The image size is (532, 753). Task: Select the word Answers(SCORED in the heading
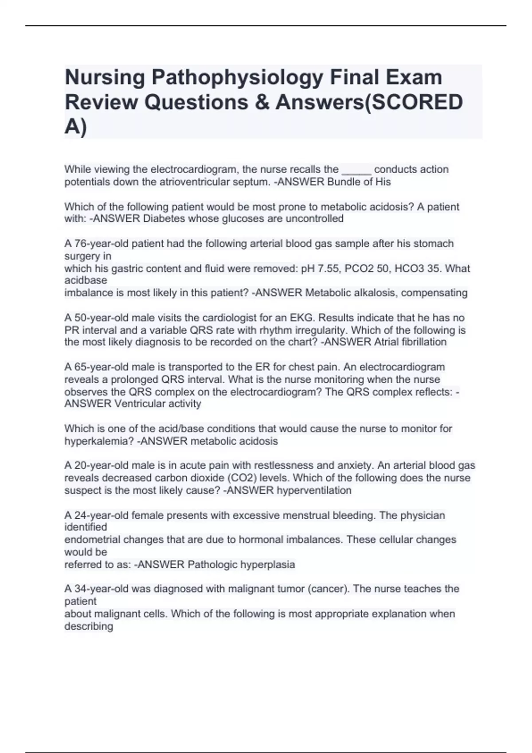[369, 103]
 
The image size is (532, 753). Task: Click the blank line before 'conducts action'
[356, 170]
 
